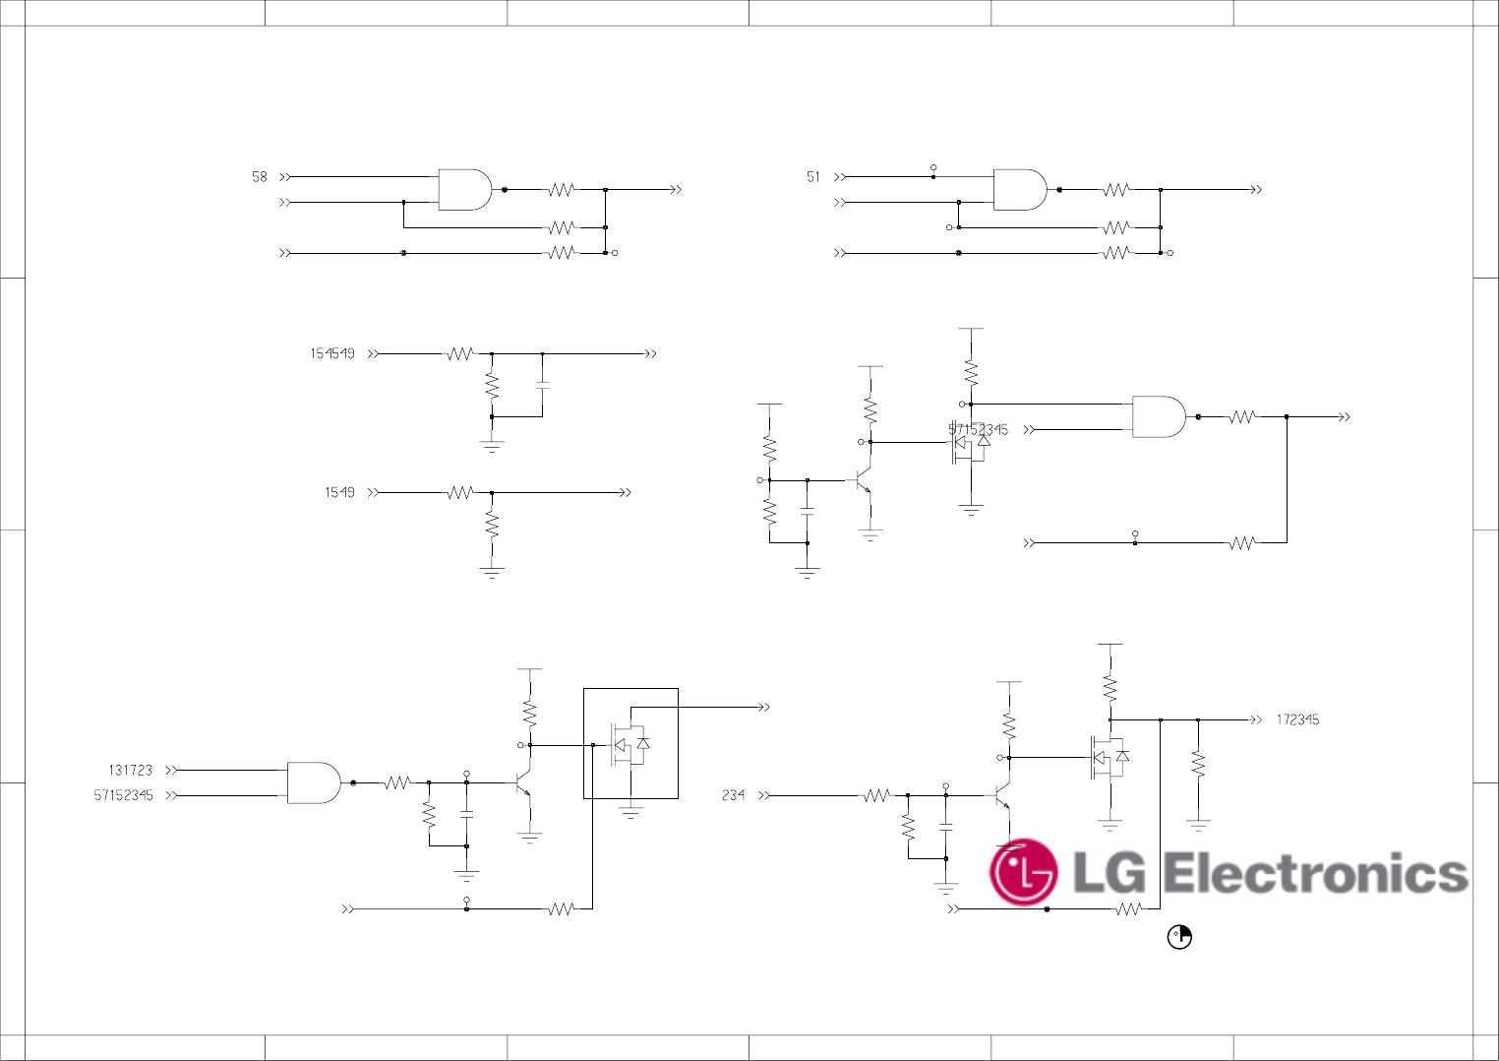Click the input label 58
(x=259, y=177)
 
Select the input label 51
(x=812, y=177)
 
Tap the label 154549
(x=332, y=353)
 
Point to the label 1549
(x=339, y=492)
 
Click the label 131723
(x=130, y=771)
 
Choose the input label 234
(x=733, y=795)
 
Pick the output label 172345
(x=1297, y=719)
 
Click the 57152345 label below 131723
(x=124, y=795)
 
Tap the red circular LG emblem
(x=1023, y=872)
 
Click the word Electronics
(x=1315, y=874)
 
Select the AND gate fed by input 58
(x=464, y=189)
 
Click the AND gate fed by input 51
(x=1020, y=189)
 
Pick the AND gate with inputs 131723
(x=314, y=782)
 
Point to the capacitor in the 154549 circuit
(x=542, y=385)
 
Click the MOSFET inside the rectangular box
(x=630, y=745)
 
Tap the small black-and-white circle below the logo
(x=1179, y=937)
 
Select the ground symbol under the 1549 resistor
(x=492, y=571)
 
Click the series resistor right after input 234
(x=876, y=795)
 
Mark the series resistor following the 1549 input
(x=460, y=492)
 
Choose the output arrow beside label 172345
(x=1255, y=719)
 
